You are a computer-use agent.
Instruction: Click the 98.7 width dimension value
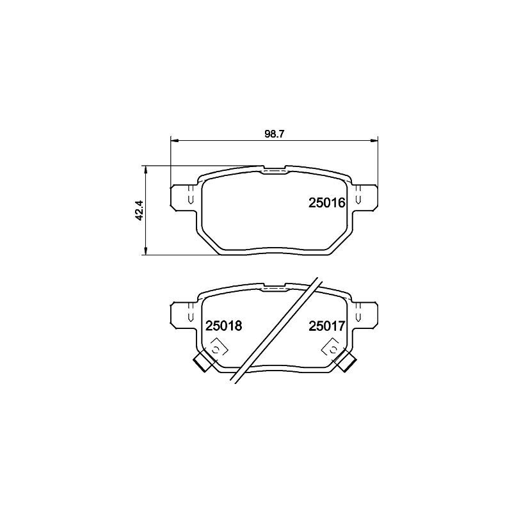(274, 134)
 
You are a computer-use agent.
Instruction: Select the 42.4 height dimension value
(138, 211)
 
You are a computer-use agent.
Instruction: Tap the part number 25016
(327, 204)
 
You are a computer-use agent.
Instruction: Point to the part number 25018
(223, 326)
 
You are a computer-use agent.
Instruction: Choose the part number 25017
(327, 326)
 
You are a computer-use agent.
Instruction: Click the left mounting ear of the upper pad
(184, 196)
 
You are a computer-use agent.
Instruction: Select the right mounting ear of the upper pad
(364, 196)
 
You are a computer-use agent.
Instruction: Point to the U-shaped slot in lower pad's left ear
(190, 317)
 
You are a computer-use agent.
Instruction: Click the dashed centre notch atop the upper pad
(275, 170)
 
